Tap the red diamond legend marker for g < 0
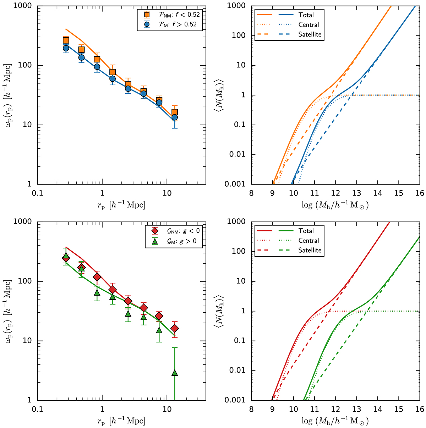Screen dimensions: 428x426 154,231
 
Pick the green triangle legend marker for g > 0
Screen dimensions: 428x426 154,241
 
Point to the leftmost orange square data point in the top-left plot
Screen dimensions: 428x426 66,41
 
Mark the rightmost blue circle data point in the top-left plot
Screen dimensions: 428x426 174,117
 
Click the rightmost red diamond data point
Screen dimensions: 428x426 174,329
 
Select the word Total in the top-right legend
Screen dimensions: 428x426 306,15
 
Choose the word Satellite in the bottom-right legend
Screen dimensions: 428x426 310,250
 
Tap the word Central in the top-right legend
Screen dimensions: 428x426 308,24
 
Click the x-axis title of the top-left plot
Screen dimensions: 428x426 121,205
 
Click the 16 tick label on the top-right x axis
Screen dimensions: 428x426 419,193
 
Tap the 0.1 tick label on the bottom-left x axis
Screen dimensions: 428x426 37,409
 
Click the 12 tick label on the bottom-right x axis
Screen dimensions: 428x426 335,409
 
